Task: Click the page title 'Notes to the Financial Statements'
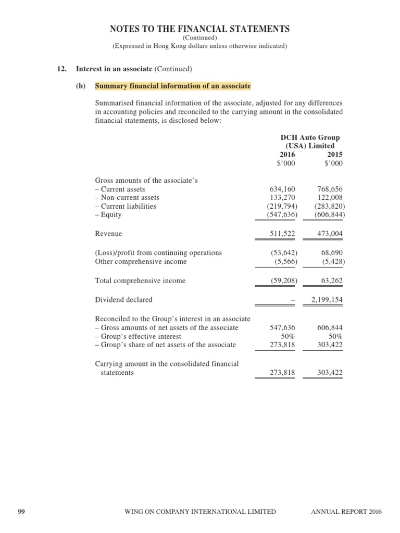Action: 200,29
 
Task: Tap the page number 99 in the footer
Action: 21,512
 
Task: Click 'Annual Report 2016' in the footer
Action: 346,512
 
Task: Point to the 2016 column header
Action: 287,155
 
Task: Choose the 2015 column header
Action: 334,155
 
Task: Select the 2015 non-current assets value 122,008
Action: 330,198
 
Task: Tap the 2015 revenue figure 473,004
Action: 330,234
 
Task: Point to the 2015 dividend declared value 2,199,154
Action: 327,300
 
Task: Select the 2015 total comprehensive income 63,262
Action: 331,281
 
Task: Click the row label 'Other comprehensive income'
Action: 141,261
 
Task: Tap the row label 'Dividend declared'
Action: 124,300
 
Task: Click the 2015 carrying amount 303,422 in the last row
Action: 330,373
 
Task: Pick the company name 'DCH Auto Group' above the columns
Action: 310,138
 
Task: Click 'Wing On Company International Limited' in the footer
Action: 201,512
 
